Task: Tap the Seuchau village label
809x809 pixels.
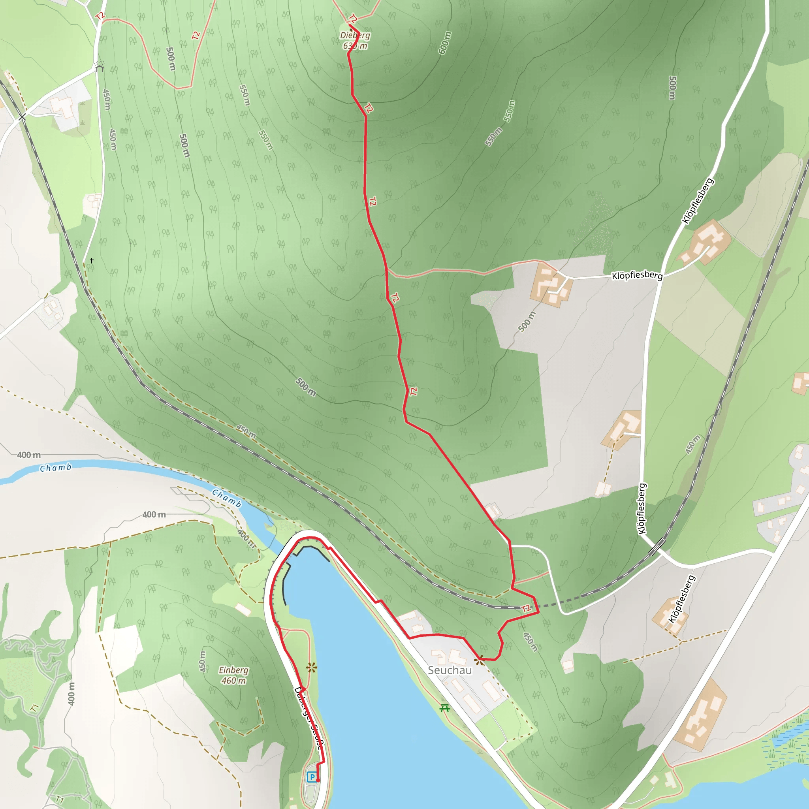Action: coord(449,670)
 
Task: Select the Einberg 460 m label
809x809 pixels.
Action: coord(233,675)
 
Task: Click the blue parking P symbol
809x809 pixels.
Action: coord(312,777)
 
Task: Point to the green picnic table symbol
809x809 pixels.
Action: coord(445,708)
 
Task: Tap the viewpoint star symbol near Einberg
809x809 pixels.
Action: coord(311,668)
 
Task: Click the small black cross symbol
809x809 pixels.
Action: coord(91,260)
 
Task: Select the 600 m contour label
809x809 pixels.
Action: coord(445,43)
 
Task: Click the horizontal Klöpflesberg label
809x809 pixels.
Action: coord(637,275)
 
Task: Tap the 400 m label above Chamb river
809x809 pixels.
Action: coord(29,455)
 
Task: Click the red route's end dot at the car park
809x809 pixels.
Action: coord(318,781)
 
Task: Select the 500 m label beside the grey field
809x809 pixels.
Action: coord(526,322)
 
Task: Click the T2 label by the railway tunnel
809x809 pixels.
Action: coord(526,608)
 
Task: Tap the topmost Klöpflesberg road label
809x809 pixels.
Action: coord(698,201)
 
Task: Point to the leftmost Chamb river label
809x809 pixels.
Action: coord(56,468)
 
